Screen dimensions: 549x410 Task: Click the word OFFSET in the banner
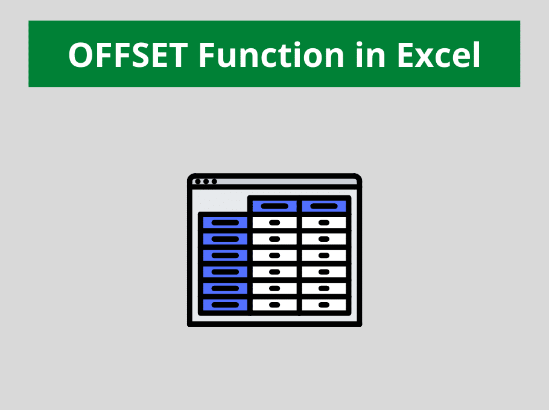[128, 55]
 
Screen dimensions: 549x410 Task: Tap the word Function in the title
[272, 55]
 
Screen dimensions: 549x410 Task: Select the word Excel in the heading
[439, 55]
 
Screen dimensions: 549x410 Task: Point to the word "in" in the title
[371, 55]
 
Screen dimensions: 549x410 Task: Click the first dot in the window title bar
[197, 181]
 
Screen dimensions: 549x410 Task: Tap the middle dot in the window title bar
[206, 181]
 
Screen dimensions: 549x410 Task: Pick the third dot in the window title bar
[214, 181]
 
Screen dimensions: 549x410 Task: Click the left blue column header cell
[274, 206]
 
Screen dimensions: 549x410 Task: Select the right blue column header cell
[324, 206]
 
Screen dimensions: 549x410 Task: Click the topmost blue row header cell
[225, 222]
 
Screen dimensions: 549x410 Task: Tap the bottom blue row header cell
[225, 304]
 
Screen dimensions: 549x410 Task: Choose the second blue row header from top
[225, 239]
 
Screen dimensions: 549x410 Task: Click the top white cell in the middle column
[274, 222]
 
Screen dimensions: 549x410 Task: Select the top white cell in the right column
[324, 222]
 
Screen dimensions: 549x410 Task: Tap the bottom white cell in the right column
[324, 304]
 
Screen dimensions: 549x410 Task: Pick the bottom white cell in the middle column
[274, 304]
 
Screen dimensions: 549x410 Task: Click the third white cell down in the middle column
[274, 256]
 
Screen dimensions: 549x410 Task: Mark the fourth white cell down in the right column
[324, 272]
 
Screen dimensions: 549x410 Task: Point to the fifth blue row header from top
[225, 288]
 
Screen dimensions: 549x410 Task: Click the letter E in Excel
[406, 55]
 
